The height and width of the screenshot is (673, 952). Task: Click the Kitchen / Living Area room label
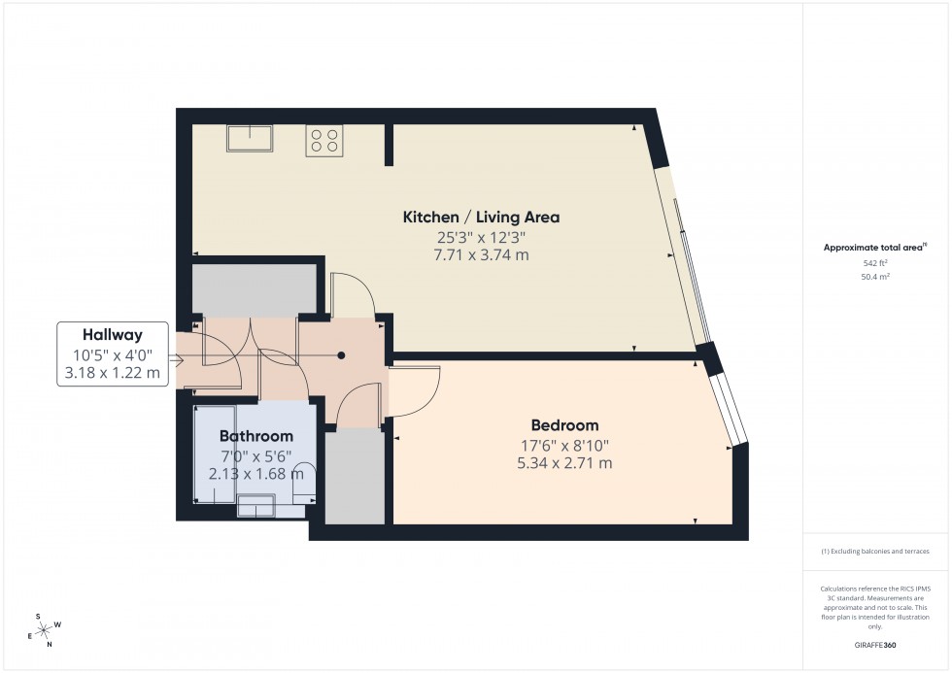[481, 217]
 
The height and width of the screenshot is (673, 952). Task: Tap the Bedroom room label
[564, 425]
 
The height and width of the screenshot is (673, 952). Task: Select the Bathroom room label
[255, 436]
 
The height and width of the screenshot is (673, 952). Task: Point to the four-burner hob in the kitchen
[324, 141]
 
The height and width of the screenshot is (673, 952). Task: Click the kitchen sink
[250, 138]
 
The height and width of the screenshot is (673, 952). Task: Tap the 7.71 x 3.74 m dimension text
[481, 255]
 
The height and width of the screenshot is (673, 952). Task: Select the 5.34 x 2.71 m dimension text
[564, 463]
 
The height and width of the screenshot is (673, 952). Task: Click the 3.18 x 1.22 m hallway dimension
[113, 371]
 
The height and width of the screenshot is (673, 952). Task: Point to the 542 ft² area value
[876, 263]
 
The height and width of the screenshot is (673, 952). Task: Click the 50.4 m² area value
[876, 277]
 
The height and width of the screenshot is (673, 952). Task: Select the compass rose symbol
[44, 629]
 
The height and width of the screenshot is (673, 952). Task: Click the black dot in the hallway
[341, 355]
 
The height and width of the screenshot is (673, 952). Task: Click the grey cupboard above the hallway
[255, 289]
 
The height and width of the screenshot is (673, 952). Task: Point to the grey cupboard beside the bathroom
[355, 476]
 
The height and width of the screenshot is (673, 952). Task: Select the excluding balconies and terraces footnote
[875, 551]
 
